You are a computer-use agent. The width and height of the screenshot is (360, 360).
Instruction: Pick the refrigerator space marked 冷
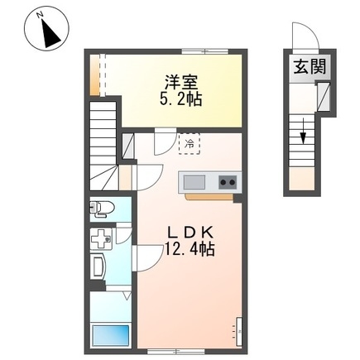pyautogui.click(x=189, y=144)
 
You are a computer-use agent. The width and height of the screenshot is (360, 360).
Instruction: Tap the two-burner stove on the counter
pyautogui.click(x=228, y=182)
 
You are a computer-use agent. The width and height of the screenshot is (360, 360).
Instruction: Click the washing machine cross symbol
pyautogui.click(x=100, y=242)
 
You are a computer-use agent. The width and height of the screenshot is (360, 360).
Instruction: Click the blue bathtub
pyautogui.click(x=108, y=336)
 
